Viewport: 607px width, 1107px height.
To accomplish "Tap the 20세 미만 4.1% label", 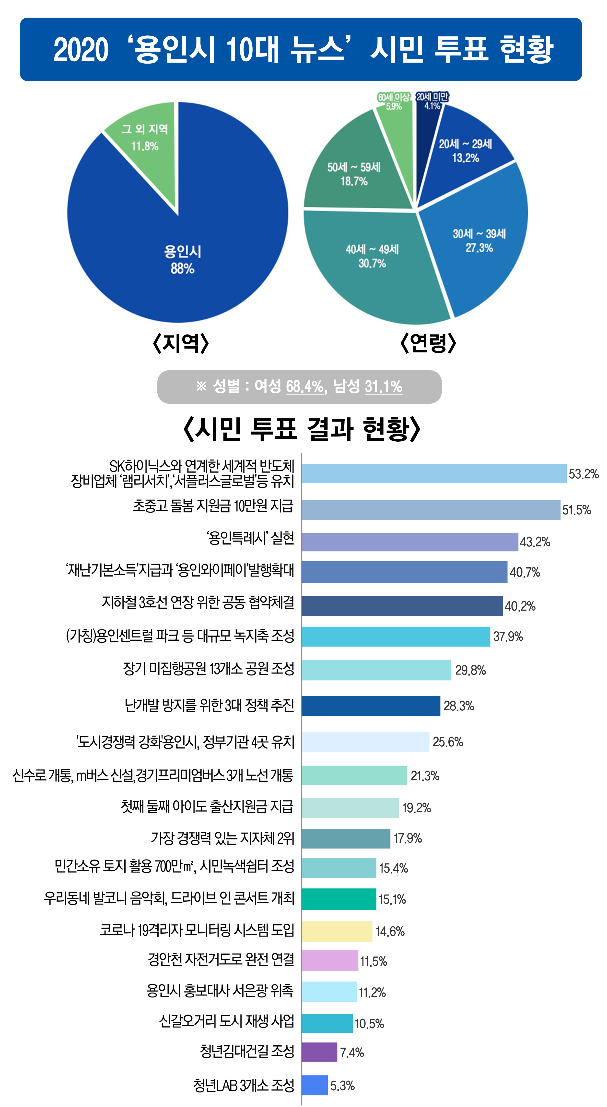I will [x=432, y=101].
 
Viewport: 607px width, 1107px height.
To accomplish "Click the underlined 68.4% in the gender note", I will [x=304, y=386].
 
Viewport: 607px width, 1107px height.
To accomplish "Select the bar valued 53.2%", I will [x=434, y=474].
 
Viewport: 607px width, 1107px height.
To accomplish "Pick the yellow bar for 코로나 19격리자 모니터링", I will [x=337, y=931].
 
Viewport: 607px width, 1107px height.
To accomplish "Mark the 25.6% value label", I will [x=448, y=742].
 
